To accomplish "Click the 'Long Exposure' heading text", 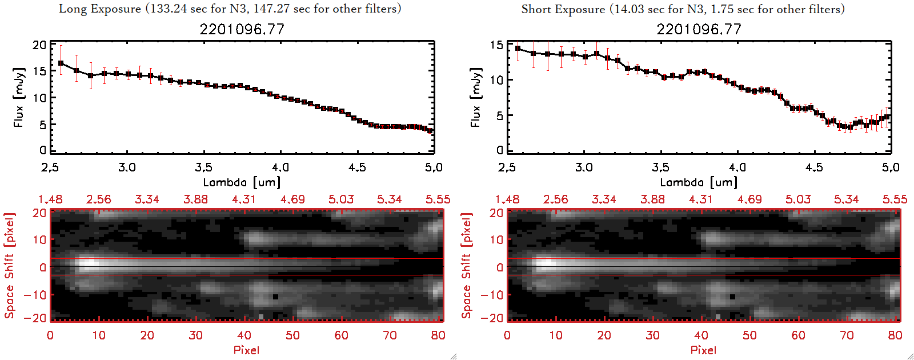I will tap(100, 9).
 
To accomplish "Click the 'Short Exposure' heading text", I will tap(563, 9).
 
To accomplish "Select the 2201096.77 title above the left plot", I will tap(242, 29).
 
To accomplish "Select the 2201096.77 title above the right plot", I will tap(699, 29).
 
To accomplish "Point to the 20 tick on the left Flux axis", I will tap(39, 45).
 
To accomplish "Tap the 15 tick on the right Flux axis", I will tap(496, 45).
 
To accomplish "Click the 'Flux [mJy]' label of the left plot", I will tap(19, 97).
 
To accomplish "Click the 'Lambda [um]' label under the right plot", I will tap(699, 182).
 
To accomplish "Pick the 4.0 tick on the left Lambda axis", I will tap(280, 167).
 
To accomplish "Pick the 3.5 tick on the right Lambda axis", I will tap(660, 167).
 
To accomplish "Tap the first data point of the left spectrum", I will tap(61, 63).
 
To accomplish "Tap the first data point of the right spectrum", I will tap(518, 49).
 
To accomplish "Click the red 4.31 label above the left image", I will tap(244, 199).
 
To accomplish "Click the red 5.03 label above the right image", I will tap(798, 199).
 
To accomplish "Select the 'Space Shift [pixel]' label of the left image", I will tap(9, 266).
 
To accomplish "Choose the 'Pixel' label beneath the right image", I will tap(703, 350).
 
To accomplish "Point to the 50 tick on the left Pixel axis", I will tap(292, 335).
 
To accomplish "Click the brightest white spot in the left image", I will tap(89, 265).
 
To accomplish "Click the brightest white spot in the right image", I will tap(546, 265).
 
